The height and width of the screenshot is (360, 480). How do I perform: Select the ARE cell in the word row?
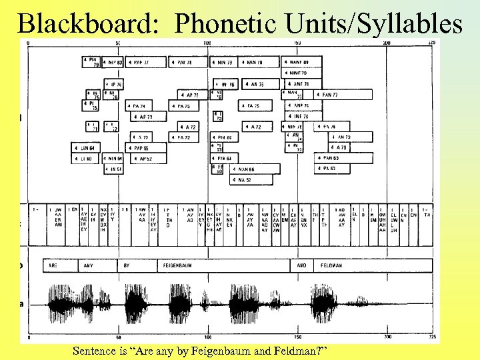[53, 265]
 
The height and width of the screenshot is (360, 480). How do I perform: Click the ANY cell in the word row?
[88, 265]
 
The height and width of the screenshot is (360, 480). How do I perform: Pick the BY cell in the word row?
[126, 265]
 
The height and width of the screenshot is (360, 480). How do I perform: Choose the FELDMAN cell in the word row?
[331, 265]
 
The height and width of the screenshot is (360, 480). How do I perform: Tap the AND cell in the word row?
[301, 265]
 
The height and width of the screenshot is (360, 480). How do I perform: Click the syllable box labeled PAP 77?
[145, 62]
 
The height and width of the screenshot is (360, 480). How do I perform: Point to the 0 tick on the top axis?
[27, 43]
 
